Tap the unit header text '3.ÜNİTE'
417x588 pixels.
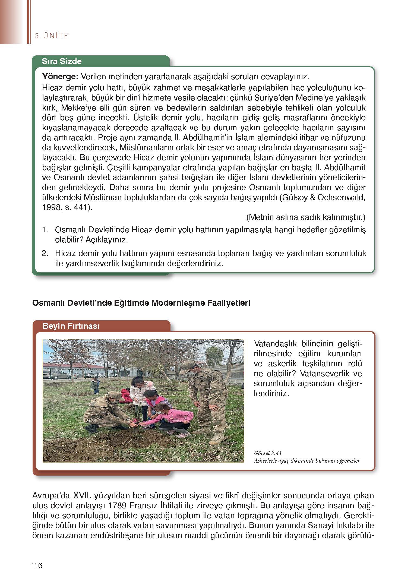(52, 36)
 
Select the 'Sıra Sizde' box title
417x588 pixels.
(62, 61)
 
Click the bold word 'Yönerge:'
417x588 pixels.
(60, 77)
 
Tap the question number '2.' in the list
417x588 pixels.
(45, 254)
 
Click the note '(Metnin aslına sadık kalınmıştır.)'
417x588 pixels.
(306, 217)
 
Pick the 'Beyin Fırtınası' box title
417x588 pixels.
(71, 326)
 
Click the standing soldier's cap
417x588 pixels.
(187, 365)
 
